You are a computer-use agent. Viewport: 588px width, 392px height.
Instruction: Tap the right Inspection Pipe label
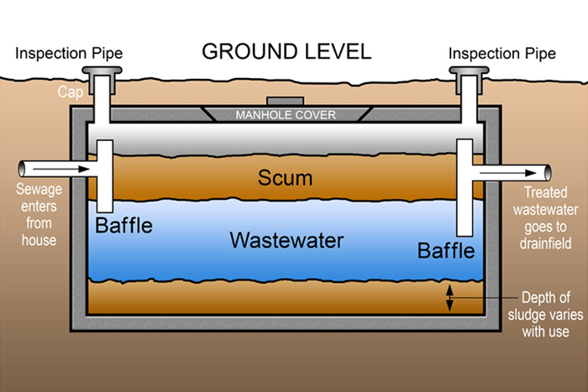[x=501, y=54]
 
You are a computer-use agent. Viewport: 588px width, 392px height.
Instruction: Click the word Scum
[x=286, y=178]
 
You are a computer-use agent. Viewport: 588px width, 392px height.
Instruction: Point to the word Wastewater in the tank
[x=286, y=241]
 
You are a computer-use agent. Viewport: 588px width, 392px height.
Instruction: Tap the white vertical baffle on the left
[x=105, y=176]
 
